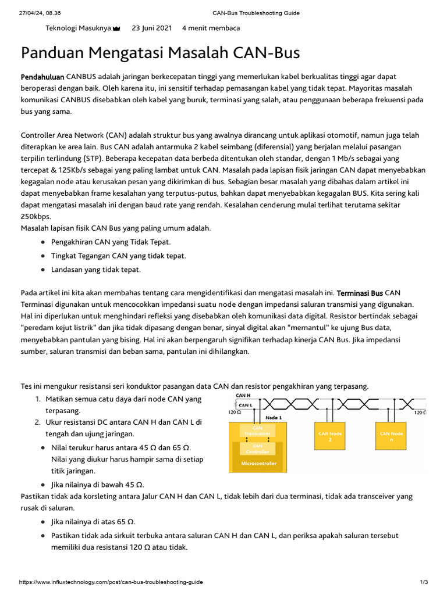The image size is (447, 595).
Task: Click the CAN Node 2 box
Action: click(329, 436)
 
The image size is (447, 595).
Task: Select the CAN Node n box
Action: click(391, 436)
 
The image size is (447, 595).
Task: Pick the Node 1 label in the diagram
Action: click(273, 417)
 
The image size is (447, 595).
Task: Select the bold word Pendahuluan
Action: click(42, 77)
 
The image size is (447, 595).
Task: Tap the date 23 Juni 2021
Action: click(151, 28)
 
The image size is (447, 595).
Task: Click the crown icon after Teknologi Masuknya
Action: click(116, 28)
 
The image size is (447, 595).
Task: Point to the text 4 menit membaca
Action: click(211, 28)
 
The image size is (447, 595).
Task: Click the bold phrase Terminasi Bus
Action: click(360, 292)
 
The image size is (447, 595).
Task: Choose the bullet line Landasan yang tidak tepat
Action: click(96, 270)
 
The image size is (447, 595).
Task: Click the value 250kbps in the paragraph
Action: click(36, 216)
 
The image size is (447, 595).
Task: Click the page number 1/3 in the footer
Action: click(424, 582)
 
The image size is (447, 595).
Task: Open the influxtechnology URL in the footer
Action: click(111, 582)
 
